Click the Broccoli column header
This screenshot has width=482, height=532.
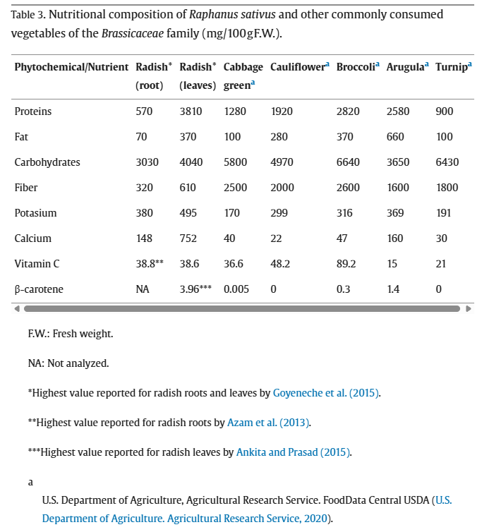click(355, 67)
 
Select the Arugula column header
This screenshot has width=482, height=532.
click(405, 67)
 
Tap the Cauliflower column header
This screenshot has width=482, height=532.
click(297, 67)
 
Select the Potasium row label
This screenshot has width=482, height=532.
click(35, 213)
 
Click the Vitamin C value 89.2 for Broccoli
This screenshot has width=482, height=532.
click(347, 264)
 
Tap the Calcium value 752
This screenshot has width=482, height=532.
click(188, 238)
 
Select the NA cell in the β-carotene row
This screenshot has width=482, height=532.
click(143, 289)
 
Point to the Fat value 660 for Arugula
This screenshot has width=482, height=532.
click(395, 137)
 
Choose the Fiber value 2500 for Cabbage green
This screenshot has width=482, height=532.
click(235, 188)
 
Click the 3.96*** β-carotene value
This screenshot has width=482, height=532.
click(195, 289)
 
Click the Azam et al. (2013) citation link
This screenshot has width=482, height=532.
click(268, 423)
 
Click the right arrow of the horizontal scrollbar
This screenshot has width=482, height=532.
click(469, 308)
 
